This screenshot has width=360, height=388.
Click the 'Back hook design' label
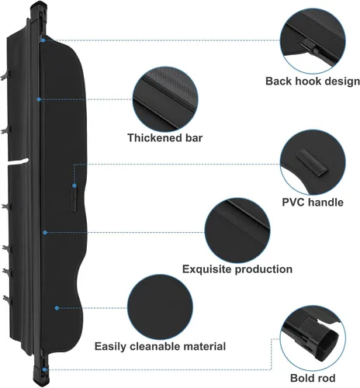coord(313,81)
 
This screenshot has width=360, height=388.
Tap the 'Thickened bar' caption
coord(165,138)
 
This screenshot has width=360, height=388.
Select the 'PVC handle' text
coord(313,202)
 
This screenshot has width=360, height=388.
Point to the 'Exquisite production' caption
coord(237,269)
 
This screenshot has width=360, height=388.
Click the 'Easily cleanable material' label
coord(160,346)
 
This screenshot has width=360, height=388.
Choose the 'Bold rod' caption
coord(313,378)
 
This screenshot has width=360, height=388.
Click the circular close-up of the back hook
coord(313,40)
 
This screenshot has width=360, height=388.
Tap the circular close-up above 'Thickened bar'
coord(165,99)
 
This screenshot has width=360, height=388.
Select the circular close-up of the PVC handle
coord(313,162)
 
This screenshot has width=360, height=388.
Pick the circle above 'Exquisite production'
coord(237,230)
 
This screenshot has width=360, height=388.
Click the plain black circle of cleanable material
coord(160,307)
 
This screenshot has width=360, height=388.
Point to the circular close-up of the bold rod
coord(313,338)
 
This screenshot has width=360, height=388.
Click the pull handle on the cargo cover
coord(74,199)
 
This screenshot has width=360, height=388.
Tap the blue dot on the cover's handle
coord(74,185)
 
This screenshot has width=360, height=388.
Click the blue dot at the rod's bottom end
coord(44,370)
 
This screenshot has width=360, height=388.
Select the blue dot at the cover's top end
coord(43,40)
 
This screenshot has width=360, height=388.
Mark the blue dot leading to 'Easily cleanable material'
coord(57,308)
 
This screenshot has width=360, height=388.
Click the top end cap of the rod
coord(39,9)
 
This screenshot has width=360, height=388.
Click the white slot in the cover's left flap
coord(18,162)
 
